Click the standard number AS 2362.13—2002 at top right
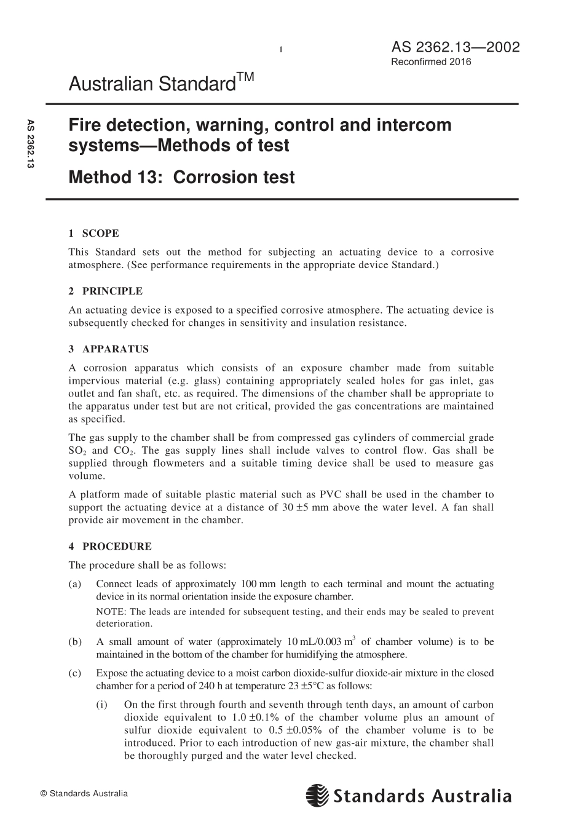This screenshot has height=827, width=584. coord(455,47)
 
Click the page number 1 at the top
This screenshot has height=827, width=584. coord(281,50)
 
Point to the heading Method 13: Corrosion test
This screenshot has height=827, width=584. coord(181,177)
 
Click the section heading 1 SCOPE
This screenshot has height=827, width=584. coord(93,233)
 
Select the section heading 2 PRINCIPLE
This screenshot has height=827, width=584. coord(105,291)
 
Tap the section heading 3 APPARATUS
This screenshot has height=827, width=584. coord(108,349)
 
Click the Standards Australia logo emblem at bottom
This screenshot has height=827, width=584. coord(318,796)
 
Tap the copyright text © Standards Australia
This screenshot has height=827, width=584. coord(84,794)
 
